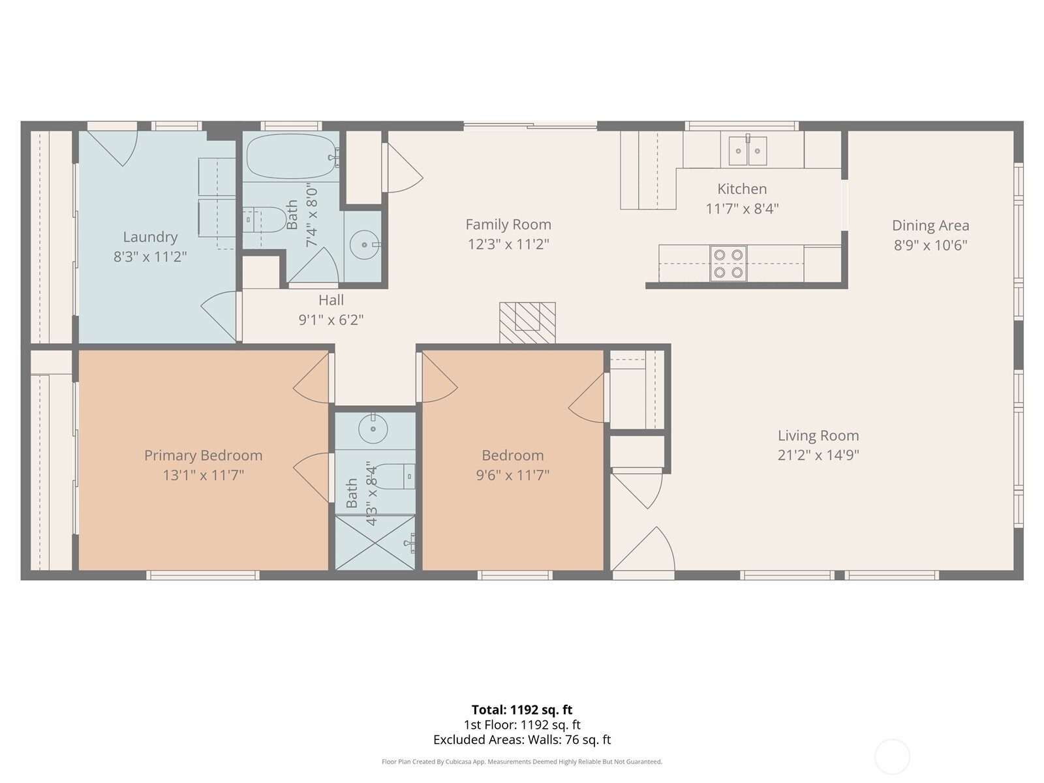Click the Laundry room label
[x=150, y=237]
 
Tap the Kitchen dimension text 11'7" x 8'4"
[x=742, y=209]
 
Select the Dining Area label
[x=930, y=225]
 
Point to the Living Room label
[x=818, y=435]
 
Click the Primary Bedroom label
[x=203, y=455]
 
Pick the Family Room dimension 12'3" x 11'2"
[x=508, y=244]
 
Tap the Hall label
[x=331, y=300]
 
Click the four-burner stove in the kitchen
[x=728, y=264]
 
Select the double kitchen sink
[x=748, y=150]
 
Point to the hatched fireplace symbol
[x=527, y=322]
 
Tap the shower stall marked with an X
[x=375, y=542]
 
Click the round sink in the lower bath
[x=373, y=429]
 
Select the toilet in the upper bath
[x=264, y=220]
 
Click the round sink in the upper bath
[x=365, y=245]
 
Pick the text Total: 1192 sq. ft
[x=522, y=710]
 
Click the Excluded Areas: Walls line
[x=522, y=740]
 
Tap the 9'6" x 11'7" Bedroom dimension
[x=513, y=475]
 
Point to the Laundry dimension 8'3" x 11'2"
[x=150, y=256]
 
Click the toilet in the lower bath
[x=395, y=476]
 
